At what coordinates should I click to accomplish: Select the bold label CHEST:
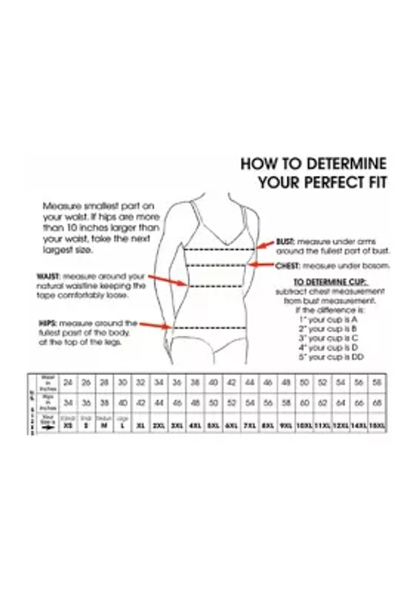[x=287, y=265]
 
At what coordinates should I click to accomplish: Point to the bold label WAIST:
[x=48, y=276]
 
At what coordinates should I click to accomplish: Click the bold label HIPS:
[x=47, y=323]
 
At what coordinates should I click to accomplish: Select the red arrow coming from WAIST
[x=167, y=280]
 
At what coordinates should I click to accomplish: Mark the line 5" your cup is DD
[x=330, y=357]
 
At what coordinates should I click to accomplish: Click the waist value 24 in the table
[x=68, y=382]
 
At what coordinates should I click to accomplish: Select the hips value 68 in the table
[x=377, y=403]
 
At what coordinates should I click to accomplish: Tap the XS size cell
[x=68, y=426]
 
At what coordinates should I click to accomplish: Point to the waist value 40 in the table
[x=213, y=382]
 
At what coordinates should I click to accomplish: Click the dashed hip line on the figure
[x=208, y=328]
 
